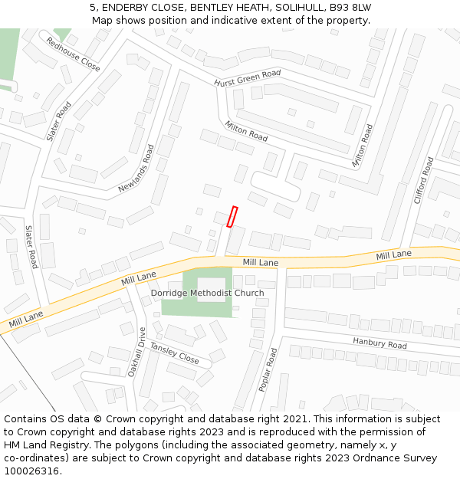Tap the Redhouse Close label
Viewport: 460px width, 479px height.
tap(73, 54)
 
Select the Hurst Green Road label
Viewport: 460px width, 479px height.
tap(247, 78)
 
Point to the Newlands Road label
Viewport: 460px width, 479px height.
tap(136, 168)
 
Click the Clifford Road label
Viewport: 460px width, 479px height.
tap(424, 180)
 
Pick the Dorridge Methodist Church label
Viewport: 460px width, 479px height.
tap(207, 293)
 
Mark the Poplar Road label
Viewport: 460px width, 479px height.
tap(268, 369)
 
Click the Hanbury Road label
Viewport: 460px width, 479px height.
tap(379, 343)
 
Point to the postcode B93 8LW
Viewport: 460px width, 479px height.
tap(351, 8)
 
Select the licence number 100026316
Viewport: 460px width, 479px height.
tap(32, 471)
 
